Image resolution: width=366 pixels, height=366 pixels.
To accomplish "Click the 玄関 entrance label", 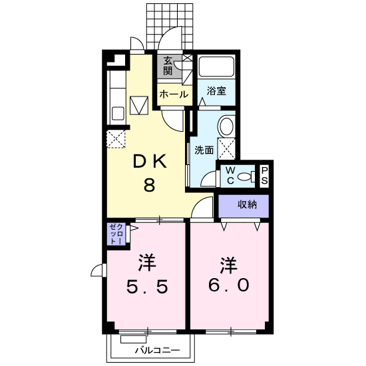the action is (168, 66).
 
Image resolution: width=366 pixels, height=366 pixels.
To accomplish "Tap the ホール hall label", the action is (174, 94).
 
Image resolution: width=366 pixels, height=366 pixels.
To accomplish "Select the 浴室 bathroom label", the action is (216, 91).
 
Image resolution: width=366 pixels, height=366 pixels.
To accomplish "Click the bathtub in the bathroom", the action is (216, 67).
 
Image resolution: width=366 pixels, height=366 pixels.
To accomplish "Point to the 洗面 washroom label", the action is (204, 150).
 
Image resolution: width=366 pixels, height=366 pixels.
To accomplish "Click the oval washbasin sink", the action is (226, 126).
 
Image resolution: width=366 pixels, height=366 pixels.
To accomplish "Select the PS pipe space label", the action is (264, 175).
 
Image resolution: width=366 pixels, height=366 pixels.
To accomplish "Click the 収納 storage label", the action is (247, 205).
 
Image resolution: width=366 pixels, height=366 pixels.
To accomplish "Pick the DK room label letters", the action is (150, 161).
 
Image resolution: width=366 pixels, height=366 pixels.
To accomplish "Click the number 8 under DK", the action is (149, 184).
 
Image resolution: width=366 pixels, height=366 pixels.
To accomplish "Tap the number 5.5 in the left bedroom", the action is (147, 286).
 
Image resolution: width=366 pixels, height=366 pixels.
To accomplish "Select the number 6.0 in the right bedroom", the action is (228, 285).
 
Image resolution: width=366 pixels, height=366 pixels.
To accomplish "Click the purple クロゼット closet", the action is (116, 234).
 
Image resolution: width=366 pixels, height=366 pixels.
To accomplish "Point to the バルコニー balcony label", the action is (158, 350).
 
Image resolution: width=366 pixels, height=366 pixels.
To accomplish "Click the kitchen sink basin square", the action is (118, 113).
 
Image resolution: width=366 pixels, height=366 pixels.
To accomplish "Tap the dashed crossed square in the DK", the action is (116, 139).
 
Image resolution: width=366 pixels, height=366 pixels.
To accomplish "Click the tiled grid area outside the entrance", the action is (170, 27).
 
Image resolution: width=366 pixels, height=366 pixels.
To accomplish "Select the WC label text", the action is (230, 175).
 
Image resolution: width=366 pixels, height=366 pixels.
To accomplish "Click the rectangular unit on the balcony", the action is (134, 339).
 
